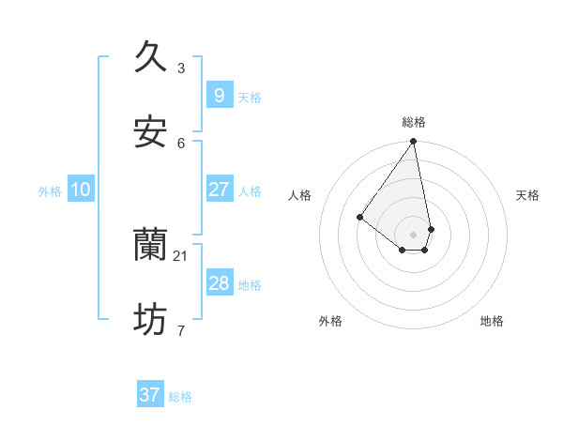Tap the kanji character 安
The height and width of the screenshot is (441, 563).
click(x=151, y=131)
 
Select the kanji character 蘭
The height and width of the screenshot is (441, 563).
click(x=151, y=245)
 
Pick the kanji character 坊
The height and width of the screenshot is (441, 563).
click(x=151, y=320)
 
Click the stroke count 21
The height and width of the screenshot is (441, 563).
click(x=181, y=255)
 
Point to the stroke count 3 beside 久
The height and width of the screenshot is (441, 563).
click(x=181, y=68)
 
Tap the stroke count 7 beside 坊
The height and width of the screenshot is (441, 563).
click(x=181, y=330)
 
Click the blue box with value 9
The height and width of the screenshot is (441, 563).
click(x=219, y=95)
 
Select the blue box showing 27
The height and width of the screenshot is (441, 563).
click(x=219, y=189)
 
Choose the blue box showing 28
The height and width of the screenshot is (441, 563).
click(x=219, y=283)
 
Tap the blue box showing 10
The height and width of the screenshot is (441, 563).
click(x=81, y=190)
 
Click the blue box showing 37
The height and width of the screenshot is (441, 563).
click(x=149, y=395)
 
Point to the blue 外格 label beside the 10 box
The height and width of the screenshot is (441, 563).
click(x=50, y=190)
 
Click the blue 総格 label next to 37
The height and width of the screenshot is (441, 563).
click(x=180, y=397)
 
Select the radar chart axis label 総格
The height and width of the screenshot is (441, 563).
click(x=414, y=122)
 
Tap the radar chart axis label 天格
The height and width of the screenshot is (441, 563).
click(x=527, y=195)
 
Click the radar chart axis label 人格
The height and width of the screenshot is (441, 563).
click(x=300, y=195)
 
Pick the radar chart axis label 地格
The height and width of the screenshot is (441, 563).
click(x=492, y=321)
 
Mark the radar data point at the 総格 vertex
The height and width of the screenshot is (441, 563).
click(x=413, y=142)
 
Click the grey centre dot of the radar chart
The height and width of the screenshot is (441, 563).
click(x=413, y=235)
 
